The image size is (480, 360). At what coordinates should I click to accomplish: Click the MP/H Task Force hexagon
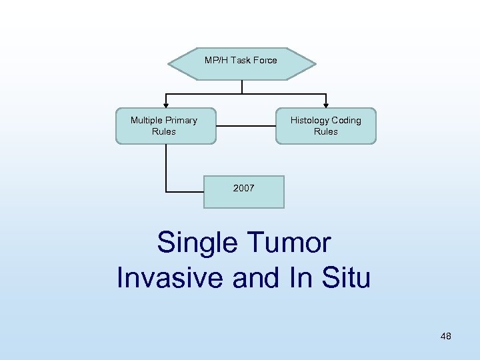pos(241,63)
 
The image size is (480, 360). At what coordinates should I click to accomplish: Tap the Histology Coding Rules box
pos(326,126)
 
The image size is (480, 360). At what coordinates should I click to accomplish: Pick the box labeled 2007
pos(243,191)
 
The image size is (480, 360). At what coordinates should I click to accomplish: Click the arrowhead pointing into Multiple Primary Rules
pos(166,105)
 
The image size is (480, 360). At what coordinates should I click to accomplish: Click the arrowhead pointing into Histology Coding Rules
pos(325,105)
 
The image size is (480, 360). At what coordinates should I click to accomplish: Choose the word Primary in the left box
pos(181,121)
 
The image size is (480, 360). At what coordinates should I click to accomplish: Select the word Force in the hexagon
pos(265,61)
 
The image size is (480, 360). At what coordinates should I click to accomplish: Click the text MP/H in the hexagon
pos(215,61)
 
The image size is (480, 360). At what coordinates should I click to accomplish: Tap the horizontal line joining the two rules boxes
pos(246,125)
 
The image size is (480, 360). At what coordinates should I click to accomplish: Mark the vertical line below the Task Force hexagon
pos(241,86)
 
